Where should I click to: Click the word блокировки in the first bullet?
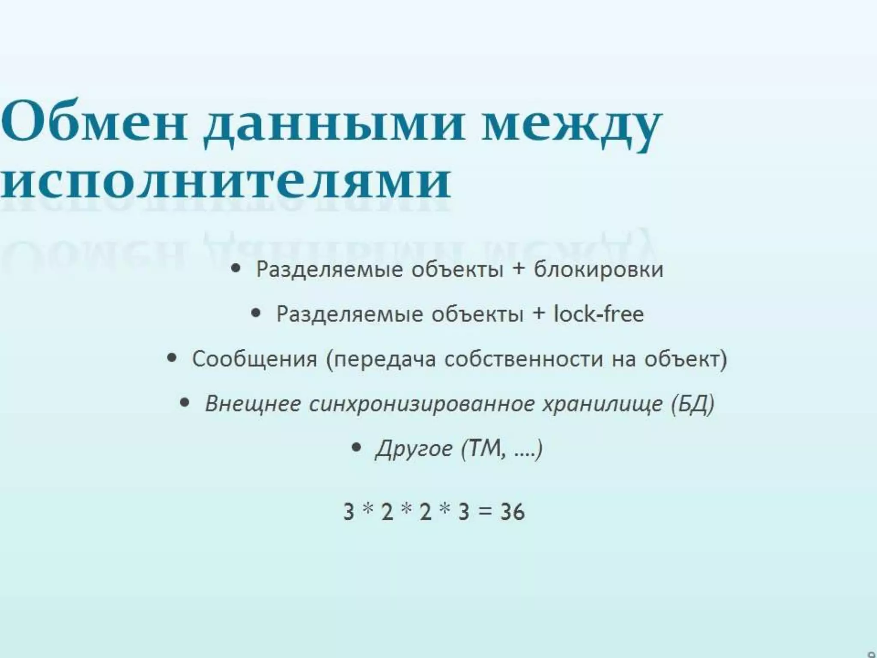[x=598, y=269]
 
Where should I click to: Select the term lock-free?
[x=598, y=314]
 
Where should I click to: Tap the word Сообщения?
[x=254, y=359]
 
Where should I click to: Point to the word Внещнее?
[x=253, y=404]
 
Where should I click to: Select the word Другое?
[x=414, y=449]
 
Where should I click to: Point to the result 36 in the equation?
[x=512, y=511]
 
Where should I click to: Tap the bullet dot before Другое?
[x=355, y=447]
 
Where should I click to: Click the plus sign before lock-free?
[x=539, y=313]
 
